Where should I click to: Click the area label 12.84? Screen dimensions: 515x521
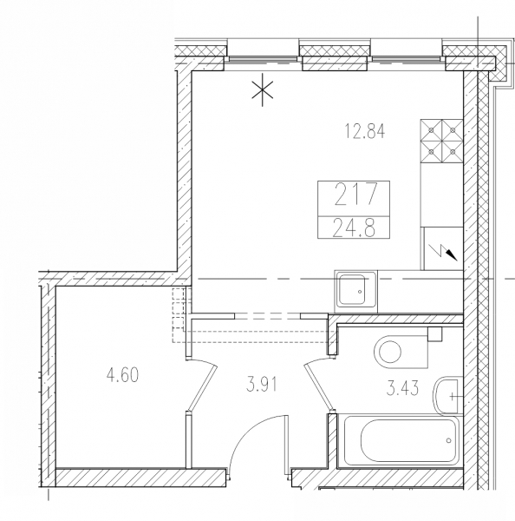click(x=365, y=130)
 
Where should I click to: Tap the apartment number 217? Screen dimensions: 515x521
click(x=355, y=195)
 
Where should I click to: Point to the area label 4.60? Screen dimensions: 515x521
click(x=122, y=374)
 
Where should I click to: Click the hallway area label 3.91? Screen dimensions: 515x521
click(x=262, y=385)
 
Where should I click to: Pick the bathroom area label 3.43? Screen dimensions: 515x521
click(x=402, y=388)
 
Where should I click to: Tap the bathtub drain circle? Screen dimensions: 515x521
click(x=449, y=440)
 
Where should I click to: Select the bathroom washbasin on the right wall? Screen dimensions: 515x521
click(x=447, y=396)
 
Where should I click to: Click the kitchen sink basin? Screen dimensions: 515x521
click(x=352, y=291)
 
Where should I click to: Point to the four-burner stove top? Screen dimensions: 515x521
click(x=441, y=141)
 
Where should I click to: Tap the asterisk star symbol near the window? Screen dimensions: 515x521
click(x=262, y=89)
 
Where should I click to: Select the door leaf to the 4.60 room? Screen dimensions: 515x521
click(x=202, y=387)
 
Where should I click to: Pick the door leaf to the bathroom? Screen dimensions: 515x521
click(x=318, y=386)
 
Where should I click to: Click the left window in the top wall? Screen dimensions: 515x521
click(x=262, y=59)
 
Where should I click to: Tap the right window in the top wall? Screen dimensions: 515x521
click(x=406, y=59)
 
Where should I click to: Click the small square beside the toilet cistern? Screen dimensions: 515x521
click(x=434, y=333)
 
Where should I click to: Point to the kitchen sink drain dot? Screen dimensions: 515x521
click(x=360, y=292)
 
